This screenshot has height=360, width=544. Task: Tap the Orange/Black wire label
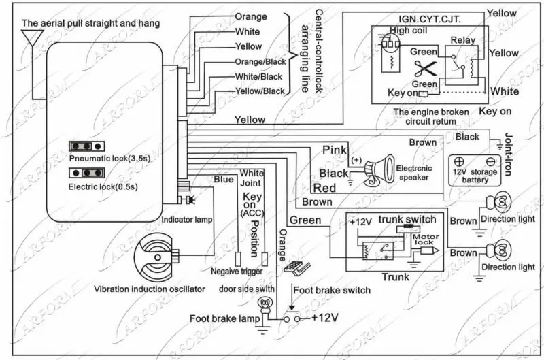259,61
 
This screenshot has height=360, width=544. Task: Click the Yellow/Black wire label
259,91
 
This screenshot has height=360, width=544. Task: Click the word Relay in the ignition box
463,40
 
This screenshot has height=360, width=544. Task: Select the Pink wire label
335,150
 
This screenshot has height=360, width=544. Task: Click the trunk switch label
407,219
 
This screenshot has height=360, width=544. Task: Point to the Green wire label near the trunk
305,220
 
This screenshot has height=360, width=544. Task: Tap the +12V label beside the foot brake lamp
325,318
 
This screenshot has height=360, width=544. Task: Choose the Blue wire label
224,180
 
